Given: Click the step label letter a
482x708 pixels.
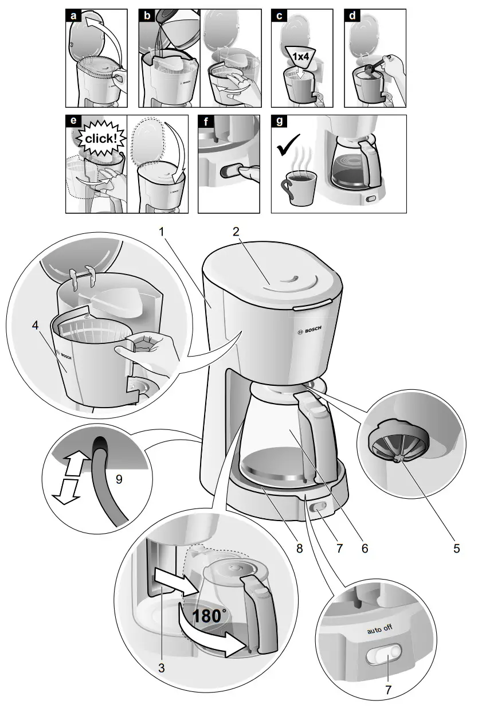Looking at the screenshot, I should tap(73, 16).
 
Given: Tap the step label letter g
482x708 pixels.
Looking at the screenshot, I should tap(279, 122).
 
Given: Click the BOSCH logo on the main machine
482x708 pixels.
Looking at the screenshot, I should tap(310, 331).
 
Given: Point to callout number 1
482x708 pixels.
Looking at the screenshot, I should tap(162, 232).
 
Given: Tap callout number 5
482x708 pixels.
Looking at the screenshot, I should tap(456, 548).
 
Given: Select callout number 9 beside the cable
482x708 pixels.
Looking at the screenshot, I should tap(119, 479).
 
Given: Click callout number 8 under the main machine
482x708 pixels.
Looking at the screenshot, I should tap(299, 548).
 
